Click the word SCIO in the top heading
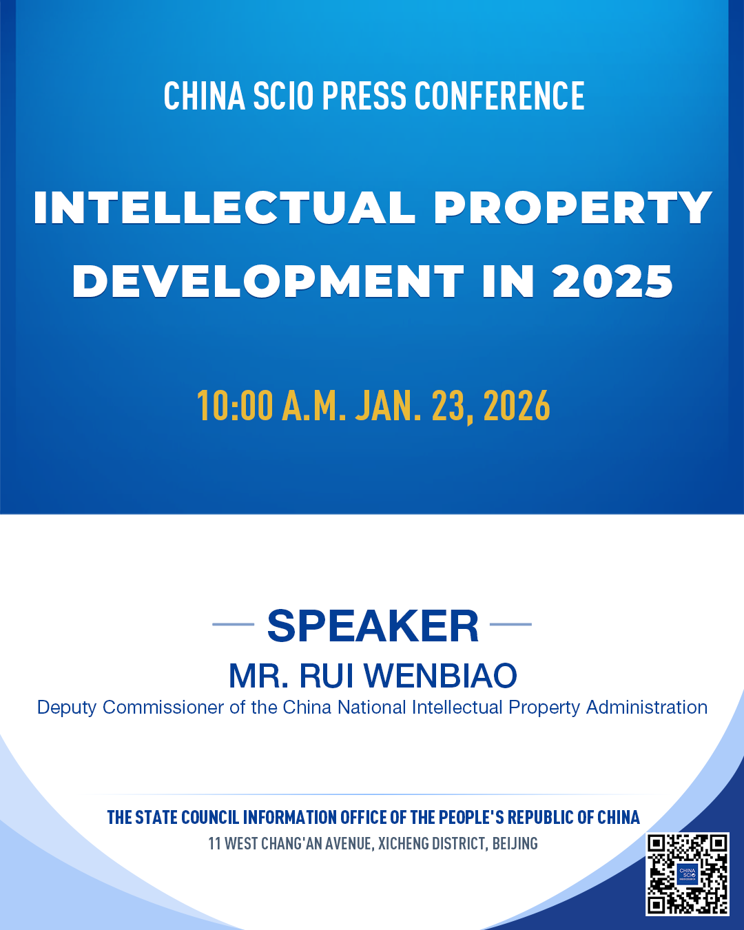[x=283, y=96]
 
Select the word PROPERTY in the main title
[x=572, y=207]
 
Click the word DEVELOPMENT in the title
[x=268, y=281]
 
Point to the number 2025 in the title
[x=612, y=281]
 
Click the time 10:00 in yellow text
[x=235, y=405]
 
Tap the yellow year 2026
[x=517, y=405]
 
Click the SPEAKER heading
[x=373, y=626]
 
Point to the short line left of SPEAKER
[x=233, y=624]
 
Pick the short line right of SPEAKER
[x=510, y=624]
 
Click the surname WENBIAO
[x=440, y=676]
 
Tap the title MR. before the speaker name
[x=258, y=676]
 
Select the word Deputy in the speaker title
[x=67, y=708]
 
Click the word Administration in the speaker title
[x=647, y=707]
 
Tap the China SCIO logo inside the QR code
[x=688, y=874]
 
